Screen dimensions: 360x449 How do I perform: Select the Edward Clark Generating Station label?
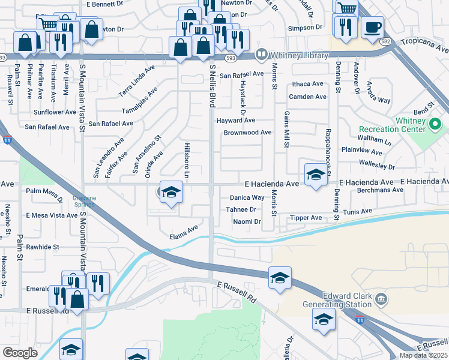[x=347, y=299]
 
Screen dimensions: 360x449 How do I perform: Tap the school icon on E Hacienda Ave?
[x=315, y=175]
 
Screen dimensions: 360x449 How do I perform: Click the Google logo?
[x=20, y=353]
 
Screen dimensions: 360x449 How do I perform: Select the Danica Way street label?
[x=247, y=197]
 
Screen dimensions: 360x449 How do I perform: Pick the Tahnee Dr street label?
[x=241, y=209]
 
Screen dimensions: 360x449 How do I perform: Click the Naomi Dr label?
[x=247, y=221]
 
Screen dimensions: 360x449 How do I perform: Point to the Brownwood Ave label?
[x=247, y=133]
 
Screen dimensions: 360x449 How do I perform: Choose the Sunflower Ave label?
[x=55, y=112]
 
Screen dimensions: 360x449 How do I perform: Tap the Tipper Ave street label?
[x=306, y=218]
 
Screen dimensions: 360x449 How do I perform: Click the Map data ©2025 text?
[x=424, y=355]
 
